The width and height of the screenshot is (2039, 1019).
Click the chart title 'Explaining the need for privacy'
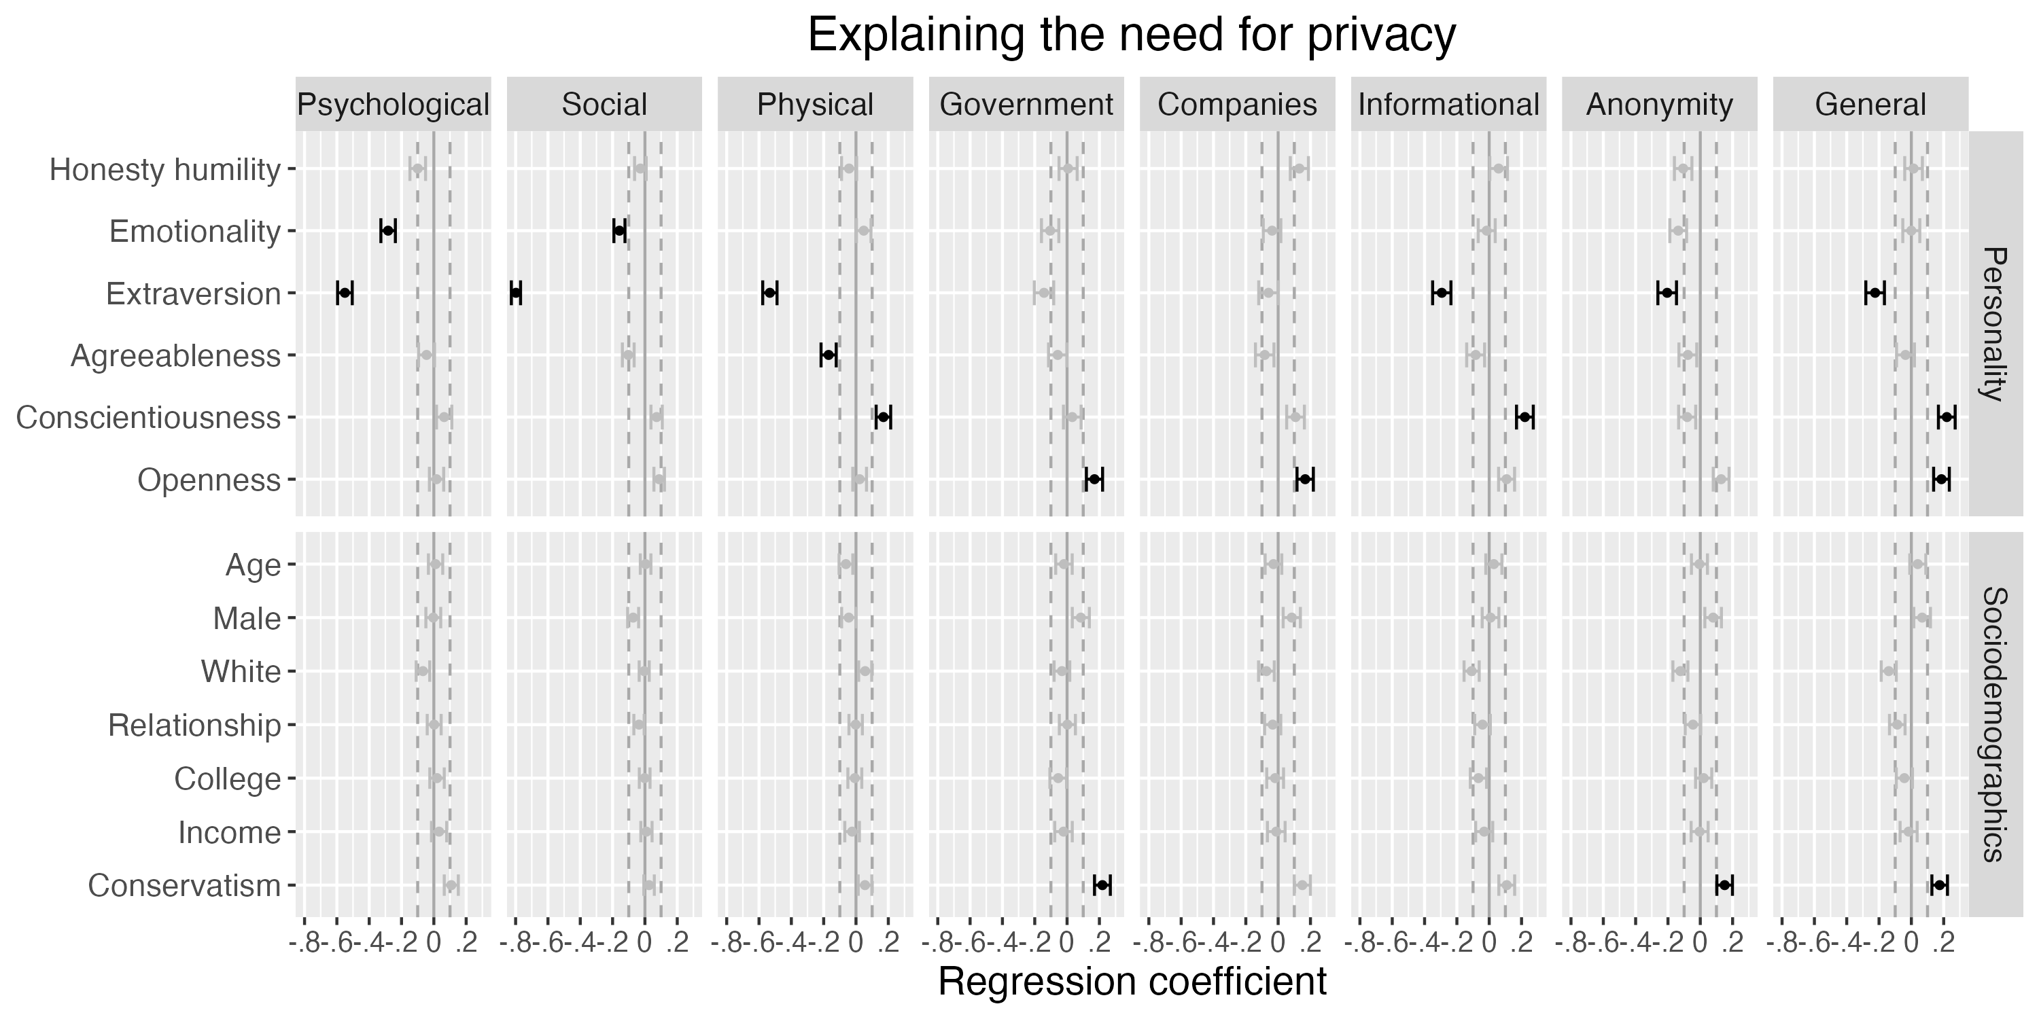tap(1131, 35)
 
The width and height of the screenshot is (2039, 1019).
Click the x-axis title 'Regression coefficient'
tap(1131, 982)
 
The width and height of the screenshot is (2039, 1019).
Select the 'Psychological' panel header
tap(393, 105)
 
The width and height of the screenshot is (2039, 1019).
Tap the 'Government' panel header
tap(1026, 105)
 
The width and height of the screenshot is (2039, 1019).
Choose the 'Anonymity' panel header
tap(1659, 105)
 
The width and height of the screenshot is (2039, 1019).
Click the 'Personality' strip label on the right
tap(1996, 323)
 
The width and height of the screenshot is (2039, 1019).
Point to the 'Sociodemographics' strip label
tap(1996, 724)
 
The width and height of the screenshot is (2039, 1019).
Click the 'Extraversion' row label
tap(193, 293)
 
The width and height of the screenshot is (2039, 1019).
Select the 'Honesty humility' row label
tap(164, 169)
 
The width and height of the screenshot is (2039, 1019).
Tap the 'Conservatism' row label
tap(184, 886)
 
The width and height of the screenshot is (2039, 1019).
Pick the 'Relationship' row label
tap(194, 726)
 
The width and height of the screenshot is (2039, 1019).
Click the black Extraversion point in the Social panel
tap(516, 293)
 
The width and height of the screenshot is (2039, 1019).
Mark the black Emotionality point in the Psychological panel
tap(388, 230)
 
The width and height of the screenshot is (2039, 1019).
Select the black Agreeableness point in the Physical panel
tap(829, 355)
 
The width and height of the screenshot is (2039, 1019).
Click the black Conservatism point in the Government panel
tap(1102, 884)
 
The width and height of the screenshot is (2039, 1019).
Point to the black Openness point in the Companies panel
tap(1305, 479)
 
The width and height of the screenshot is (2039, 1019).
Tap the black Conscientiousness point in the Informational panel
tap(1524, 417)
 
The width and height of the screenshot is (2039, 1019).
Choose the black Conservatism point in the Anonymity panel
tap(1724, 884)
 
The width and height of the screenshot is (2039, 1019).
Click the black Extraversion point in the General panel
tap(1875, 293)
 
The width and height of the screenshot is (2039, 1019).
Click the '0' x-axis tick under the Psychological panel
tap(433, 942)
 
